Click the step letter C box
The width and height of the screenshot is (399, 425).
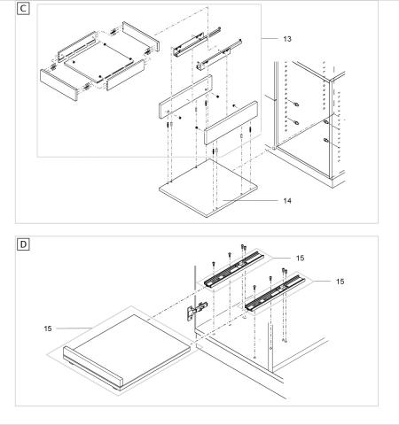(23, 9)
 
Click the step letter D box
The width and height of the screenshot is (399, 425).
(23, 244)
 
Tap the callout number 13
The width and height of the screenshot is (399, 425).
(287, 39)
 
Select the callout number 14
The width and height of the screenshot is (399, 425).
(287, 201)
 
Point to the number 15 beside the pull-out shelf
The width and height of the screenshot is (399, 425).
(48, 328)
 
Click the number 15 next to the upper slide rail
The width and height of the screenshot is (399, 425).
(300, 259)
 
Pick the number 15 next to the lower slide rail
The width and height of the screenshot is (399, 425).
(340, 282)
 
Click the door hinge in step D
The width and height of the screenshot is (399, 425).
(196, 311)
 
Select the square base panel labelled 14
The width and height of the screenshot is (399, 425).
(208, 189)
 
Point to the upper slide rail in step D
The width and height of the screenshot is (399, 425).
(233, 269)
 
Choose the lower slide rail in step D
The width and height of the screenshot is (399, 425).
(275, 293)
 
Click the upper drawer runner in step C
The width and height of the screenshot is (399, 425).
(197, 42)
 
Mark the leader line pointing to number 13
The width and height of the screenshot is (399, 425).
(270, 39)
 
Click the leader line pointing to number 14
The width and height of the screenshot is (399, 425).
(250, 201)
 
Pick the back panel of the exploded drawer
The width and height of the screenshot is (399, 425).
(141, 35)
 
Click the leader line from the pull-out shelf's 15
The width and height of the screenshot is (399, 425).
(74, 328)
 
